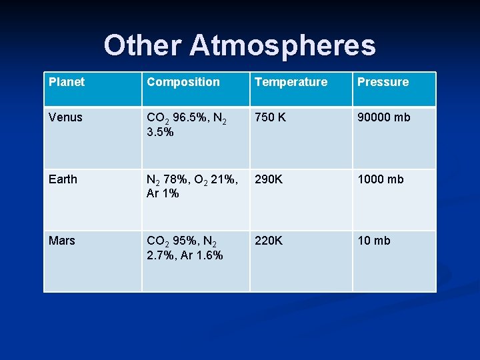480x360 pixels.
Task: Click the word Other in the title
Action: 143,45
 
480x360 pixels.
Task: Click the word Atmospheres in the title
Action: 283,45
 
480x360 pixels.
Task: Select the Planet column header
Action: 67,82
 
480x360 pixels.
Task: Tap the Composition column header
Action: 183,82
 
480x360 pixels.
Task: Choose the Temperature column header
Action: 291,82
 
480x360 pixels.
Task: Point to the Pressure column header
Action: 383,82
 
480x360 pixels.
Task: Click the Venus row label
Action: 65,117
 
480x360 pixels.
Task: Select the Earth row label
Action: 63,179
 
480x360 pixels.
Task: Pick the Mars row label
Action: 62,241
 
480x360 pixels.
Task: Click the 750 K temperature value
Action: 270,117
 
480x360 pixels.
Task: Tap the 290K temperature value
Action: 269,179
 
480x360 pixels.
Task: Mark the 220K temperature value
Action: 269,241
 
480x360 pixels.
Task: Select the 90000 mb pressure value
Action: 384,117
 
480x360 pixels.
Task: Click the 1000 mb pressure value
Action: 381,179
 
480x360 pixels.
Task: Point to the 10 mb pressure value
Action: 374,241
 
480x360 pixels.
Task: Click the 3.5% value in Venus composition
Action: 160,132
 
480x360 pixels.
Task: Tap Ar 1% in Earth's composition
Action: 163,193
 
